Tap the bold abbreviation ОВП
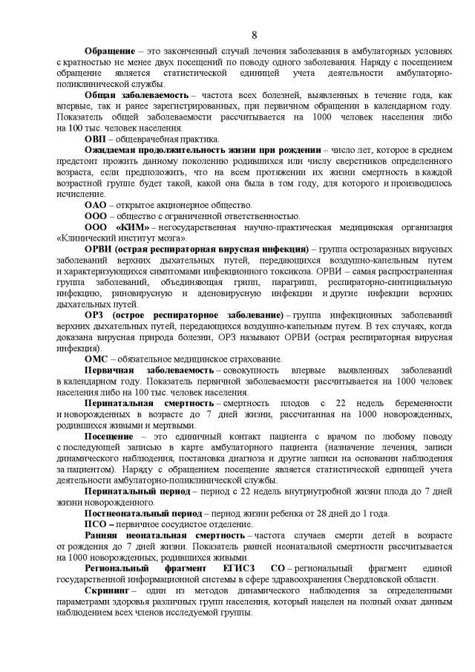coord(95,138)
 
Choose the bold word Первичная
coord(108,370)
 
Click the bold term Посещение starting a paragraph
coord(108,436)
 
